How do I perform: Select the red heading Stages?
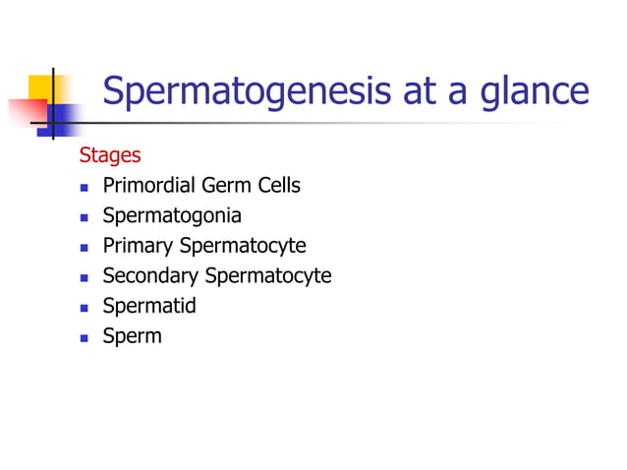click(x=109, y=155)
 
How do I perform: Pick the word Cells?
click(x=279, y=185)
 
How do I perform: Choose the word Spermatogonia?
click(x=172, y=215)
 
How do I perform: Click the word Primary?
click(x=138, y=246)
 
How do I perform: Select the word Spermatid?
click(x=149, y=306)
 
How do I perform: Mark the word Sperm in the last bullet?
click(x=133, y=336)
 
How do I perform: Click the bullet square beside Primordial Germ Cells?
click(x=84, y=187)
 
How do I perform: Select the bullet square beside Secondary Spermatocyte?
click(x=84, y=277)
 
